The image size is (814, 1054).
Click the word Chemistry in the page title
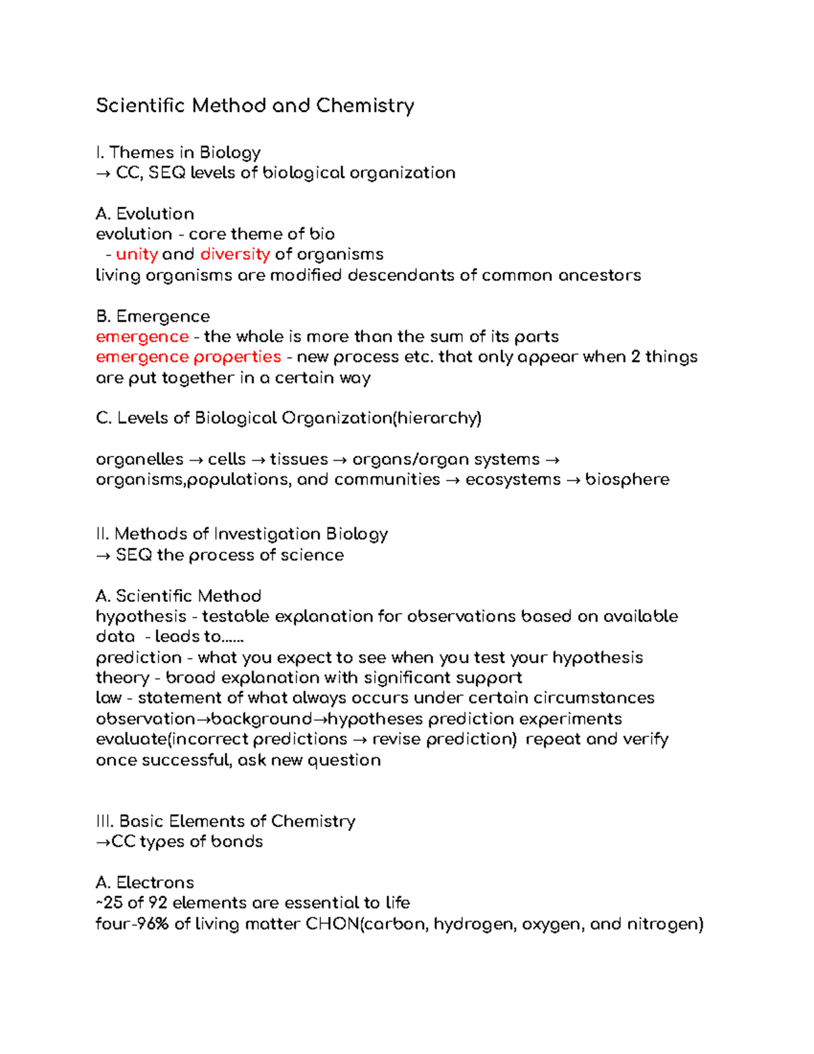tap(365, 106)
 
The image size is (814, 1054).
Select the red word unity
tap(137, 255)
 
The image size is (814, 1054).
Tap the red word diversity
tap(235, 255)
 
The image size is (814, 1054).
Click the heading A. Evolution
tap(145, 214)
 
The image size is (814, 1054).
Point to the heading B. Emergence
tap(153, 316)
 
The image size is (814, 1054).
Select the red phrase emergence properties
tap(188, 357)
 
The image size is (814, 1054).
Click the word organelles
tap(140, 459)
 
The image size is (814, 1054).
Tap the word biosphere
tap(627, 480)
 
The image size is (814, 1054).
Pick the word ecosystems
tap(513, 480)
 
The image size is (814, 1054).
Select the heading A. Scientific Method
tap(178, 596)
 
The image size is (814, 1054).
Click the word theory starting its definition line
tap(123, 678)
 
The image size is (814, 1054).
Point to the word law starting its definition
tap(109, 698)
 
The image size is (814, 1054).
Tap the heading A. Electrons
tap(145, 882)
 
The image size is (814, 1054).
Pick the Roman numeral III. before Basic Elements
tap(104, 821)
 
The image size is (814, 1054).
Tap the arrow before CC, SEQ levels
tap(103, 174)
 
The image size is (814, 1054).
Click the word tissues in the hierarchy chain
tap(298, 459)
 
